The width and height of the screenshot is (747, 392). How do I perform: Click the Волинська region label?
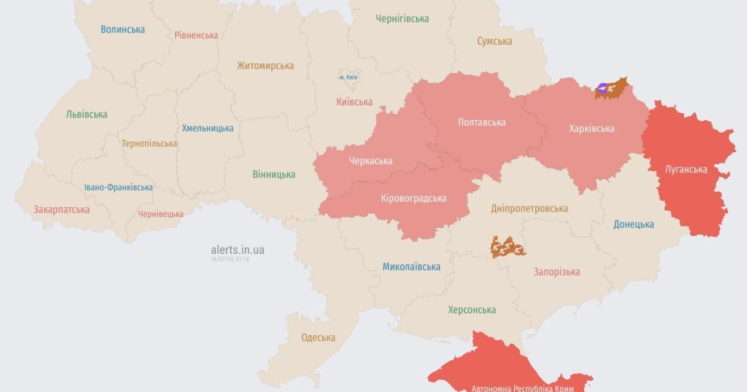pos(123,29)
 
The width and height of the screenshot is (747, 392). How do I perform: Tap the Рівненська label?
pos(196,35)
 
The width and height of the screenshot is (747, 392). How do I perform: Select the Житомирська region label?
pos(265,65)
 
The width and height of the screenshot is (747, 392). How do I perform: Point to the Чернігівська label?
pos(402,19)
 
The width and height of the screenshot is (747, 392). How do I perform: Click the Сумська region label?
pos(494,41)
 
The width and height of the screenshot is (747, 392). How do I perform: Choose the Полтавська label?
pos(481,122)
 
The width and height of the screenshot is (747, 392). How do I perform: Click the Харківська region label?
pos(591,128)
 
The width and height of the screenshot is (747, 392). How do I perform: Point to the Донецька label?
pos(633,224)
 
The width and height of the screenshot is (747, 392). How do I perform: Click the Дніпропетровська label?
pos(529,208)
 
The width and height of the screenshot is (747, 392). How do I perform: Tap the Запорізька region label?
pos(557,271)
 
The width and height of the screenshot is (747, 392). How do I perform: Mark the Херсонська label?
pos(472,309)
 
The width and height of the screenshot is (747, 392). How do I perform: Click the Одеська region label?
pos(317,337)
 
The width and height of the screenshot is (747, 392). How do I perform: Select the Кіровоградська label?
pos(413,198)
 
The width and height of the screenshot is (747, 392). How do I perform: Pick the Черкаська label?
pos(370,161)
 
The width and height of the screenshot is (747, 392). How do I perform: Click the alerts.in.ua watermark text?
pos(237,250)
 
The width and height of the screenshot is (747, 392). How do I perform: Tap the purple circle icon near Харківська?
pos(602,89)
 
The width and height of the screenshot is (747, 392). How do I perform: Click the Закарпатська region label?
pos(62,209)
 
